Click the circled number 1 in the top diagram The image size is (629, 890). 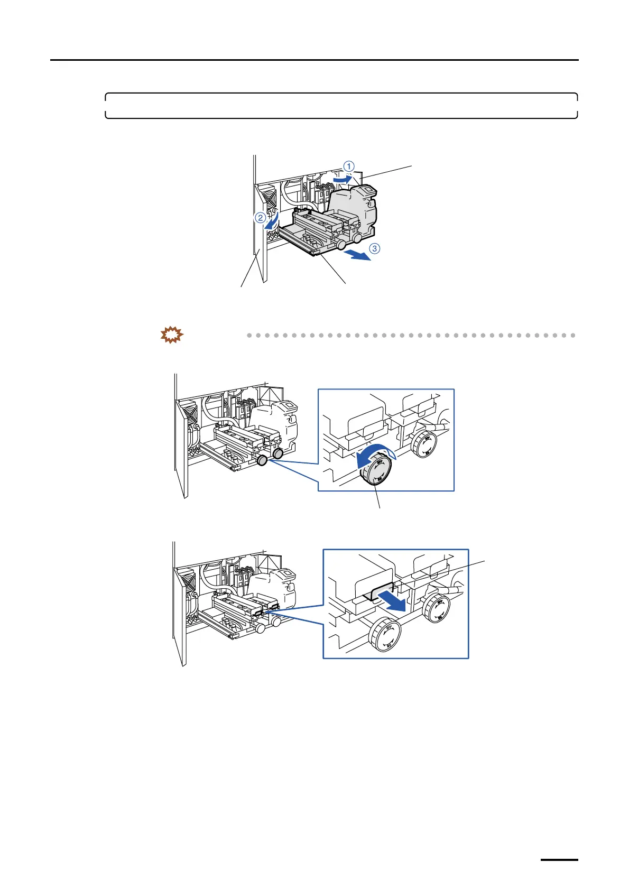click(x=349, y=166)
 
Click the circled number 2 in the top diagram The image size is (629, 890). click(x=260, y=218)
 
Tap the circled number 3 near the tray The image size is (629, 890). click(x=374, y=248)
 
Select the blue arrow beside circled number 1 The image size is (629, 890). click(x=340, y=180)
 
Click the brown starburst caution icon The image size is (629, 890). click(x=172, y=336)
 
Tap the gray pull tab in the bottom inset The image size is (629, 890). click(x=382, y=592)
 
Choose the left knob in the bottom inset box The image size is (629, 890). click(x=385, y=636)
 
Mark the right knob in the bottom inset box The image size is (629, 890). click(x=437, y=608)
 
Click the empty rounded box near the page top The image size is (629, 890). click(x=341, y=106)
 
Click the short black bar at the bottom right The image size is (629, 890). click(x=559, y=860)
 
